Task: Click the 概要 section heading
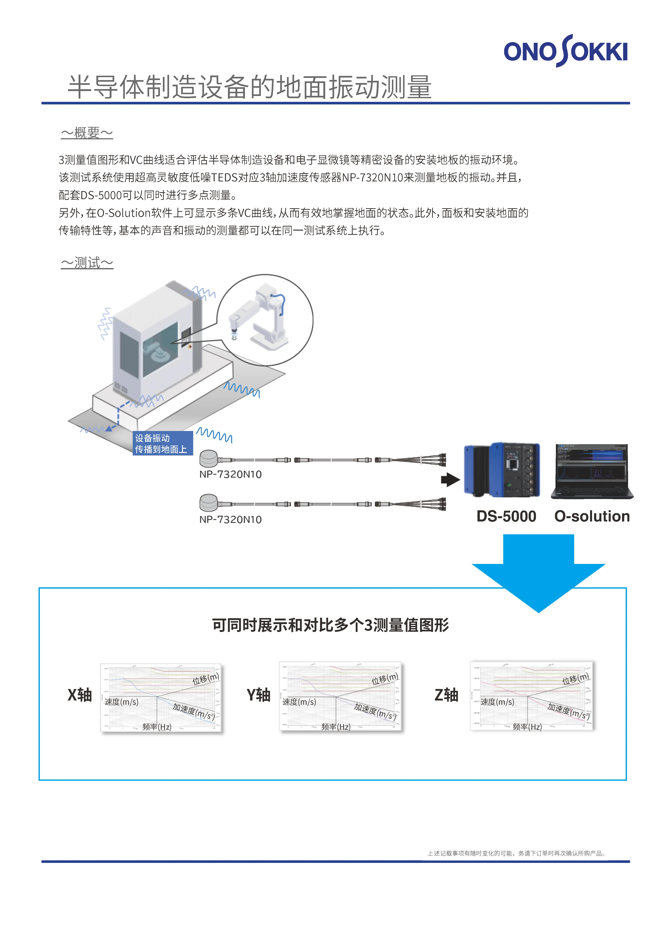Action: [87, 133]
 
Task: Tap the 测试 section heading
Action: [87, 263]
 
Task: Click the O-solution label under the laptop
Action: [592, 516]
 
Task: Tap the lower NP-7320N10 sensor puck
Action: [209, 503]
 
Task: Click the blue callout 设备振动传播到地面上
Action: [163, 443]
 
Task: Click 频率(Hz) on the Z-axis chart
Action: [527, 727]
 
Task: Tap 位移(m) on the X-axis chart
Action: [205, 679]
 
